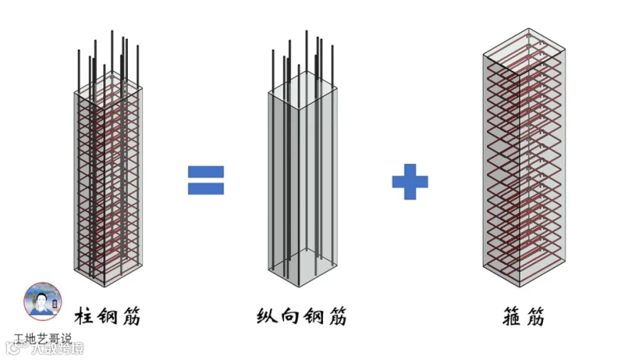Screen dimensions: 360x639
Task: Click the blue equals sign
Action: pyautogui.click(x=206, y=180)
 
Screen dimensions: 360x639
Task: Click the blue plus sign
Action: pyautogui.click(x=410, y=181)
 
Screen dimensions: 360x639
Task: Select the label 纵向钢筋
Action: pyautogui.click(x=301, y=316)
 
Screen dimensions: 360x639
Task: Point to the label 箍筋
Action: pyautogui.click(x=522, y=316)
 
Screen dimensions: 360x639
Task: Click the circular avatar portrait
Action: pyautogui.click(x=43, y=301)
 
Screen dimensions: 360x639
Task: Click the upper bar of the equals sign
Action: pyautogui.click(x=206, y=172)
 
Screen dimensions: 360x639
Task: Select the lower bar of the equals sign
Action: pyautogui.click(x=206, y=189)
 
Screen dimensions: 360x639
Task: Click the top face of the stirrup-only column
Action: pyautogui.click(x=524, y=45)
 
